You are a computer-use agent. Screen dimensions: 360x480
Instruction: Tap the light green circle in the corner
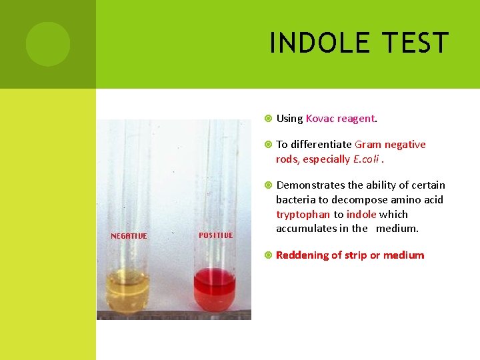48,44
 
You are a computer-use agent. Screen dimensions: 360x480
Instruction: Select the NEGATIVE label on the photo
129,236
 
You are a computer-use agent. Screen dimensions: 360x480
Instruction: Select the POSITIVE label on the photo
216,235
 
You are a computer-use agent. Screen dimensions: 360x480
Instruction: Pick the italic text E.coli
369,159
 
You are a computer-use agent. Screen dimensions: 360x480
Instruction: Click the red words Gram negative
390,145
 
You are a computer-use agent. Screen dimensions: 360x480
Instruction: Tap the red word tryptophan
303,215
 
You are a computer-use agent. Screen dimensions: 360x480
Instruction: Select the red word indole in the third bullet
361,215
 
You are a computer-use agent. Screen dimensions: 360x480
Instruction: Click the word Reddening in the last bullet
303,255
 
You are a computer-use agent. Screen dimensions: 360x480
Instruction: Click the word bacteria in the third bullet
295,200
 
